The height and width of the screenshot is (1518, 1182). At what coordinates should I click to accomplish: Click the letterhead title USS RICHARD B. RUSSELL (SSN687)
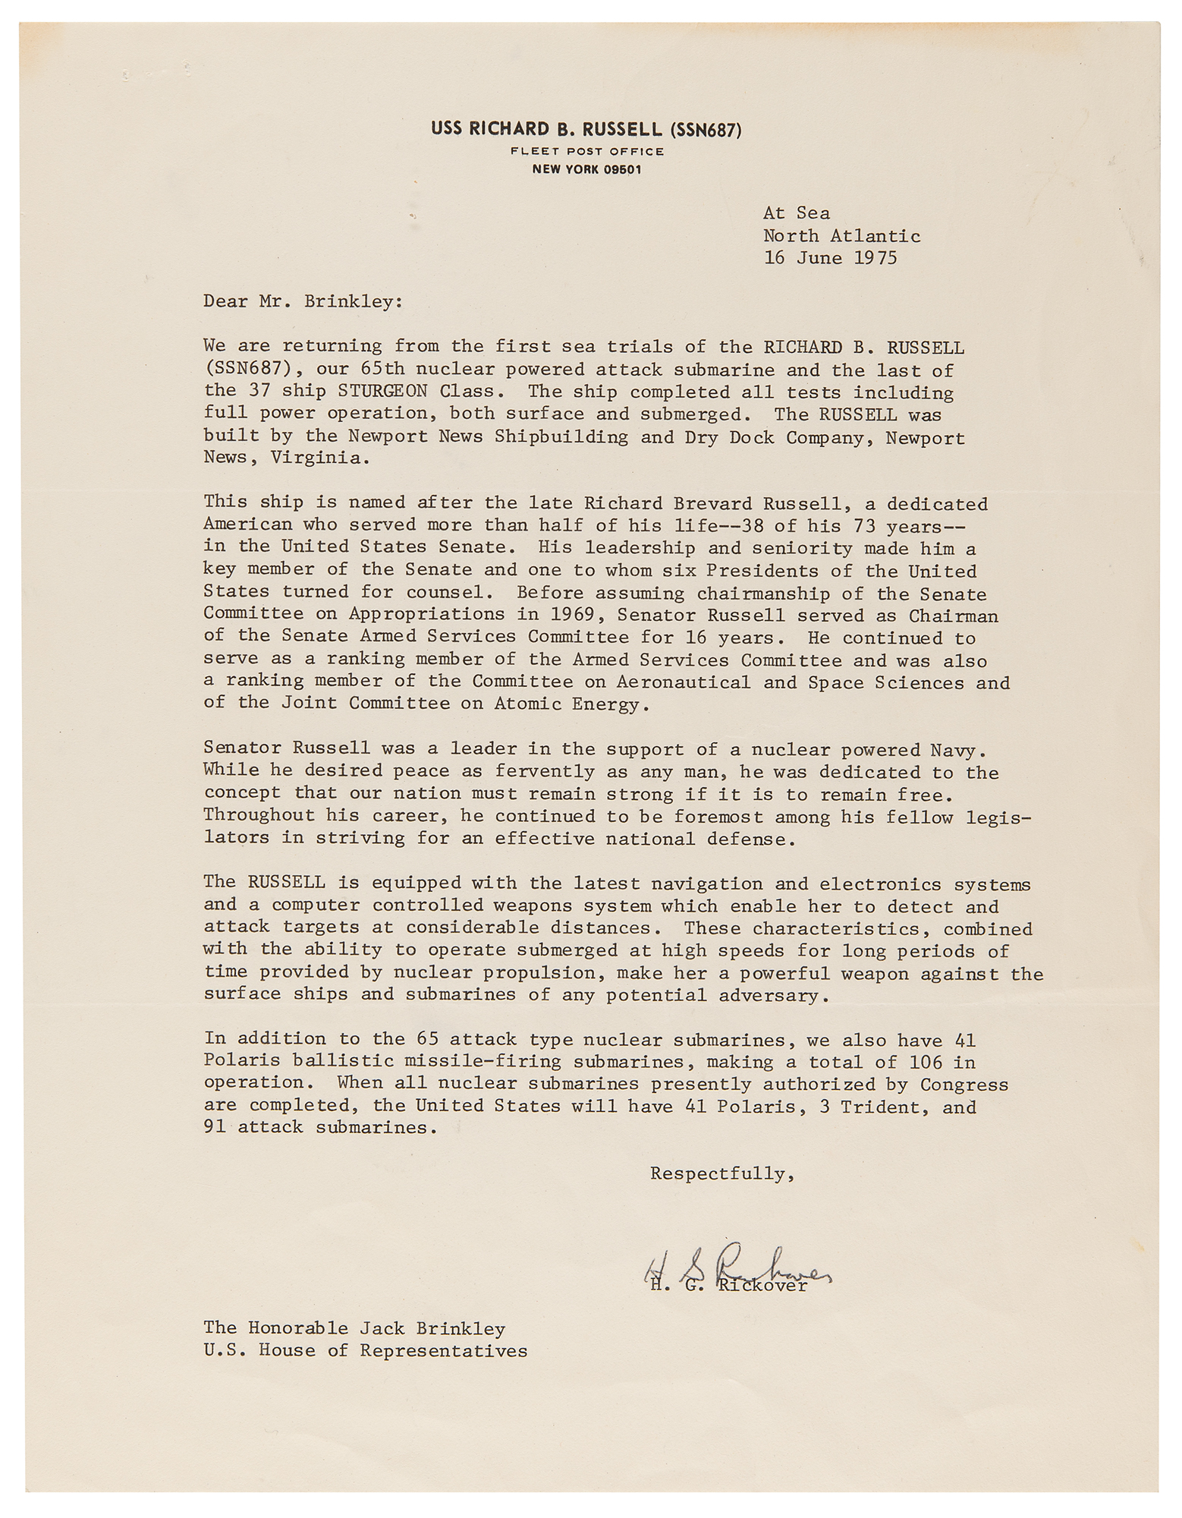tap(586, 130)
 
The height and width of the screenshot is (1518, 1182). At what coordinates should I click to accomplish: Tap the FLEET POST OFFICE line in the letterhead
tap(587, 151)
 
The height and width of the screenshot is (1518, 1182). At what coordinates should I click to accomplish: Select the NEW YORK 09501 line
tap(587, 169)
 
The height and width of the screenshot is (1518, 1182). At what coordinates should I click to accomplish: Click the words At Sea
tap(797, 214)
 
